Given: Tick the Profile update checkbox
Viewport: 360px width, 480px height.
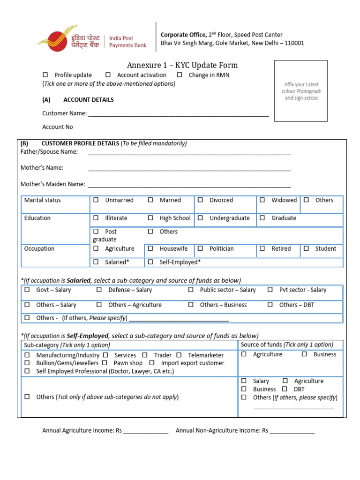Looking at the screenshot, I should [45, 75].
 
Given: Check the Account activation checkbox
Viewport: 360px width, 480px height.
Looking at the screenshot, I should [108, 75].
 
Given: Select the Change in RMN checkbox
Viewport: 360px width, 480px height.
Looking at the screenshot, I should [180, 75].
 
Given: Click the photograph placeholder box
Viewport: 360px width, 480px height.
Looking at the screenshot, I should [301, 91].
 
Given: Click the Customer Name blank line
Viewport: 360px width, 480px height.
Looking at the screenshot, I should [178, 113].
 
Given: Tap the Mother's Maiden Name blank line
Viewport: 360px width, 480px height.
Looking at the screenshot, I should [189, 184].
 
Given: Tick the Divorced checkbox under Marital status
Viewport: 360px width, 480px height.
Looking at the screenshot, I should [200, 200].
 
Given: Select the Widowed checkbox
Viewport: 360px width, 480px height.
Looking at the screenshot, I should [262, 200].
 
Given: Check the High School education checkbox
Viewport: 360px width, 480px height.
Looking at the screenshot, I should [150, 218].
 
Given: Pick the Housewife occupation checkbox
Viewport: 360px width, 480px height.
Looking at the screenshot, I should [150, 249].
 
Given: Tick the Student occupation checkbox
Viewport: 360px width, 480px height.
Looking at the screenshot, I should [306, 249].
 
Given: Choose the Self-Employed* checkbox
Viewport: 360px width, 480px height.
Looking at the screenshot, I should [150, 262].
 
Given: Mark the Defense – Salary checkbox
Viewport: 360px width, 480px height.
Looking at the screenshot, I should [99, 290].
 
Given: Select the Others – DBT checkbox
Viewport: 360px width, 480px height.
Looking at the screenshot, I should [270, 305].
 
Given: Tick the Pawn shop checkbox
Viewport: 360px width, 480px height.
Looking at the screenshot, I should [105, 363].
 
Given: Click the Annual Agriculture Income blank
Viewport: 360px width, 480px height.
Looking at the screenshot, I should [146, 431].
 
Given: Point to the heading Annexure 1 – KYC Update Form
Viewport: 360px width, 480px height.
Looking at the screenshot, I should [182, 65].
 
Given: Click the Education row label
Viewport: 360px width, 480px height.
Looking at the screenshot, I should [37, 218].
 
